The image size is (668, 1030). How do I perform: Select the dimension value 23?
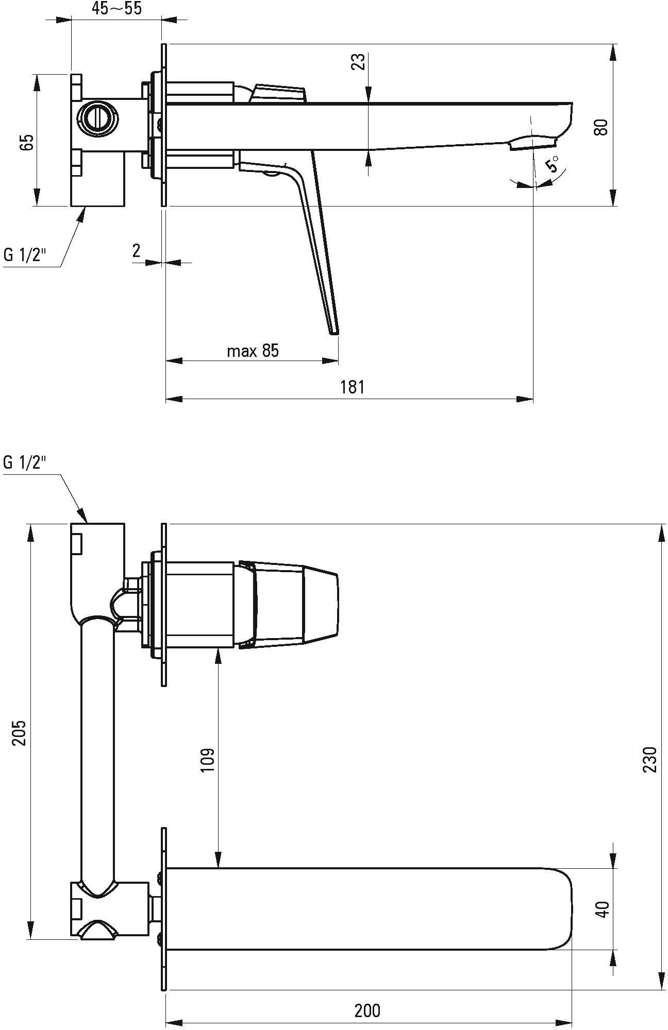tap(360, 62)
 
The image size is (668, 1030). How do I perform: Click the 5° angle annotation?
tap(552, 166)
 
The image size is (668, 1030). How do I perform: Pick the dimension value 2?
tap(136, 251)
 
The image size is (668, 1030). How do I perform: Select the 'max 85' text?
tap(253, 351)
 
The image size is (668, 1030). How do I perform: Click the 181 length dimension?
tap(353, 387)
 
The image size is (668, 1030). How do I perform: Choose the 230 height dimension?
tap(650, 759)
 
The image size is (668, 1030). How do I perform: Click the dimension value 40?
tap(602, 908)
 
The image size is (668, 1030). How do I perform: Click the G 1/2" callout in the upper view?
tap(24, 255)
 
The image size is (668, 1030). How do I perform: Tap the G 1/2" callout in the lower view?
tap(24, 462)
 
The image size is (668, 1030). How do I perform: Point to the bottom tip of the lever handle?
tap(334, 333)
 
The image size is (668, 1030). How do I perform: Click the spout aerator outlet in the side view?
tap(533, 143)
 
